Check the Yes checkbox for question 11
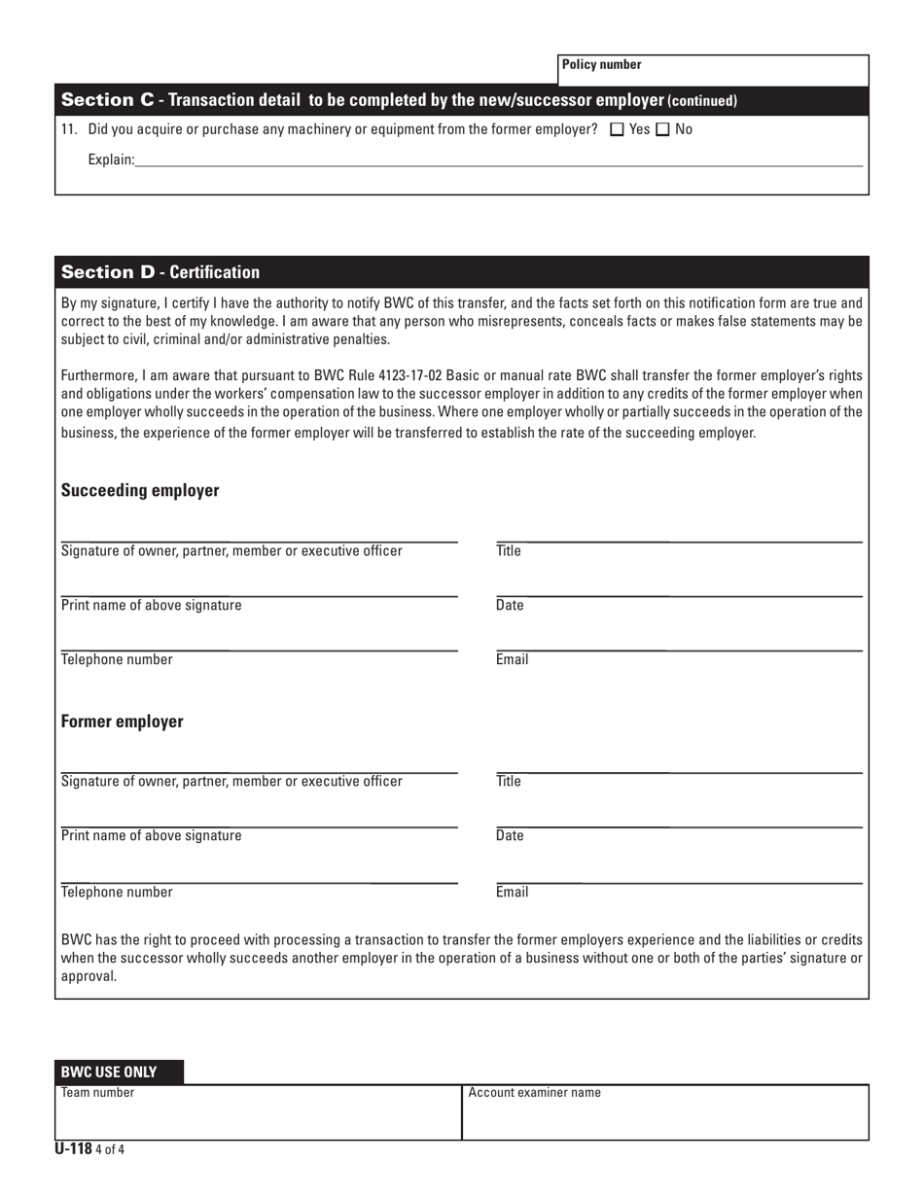[616, 129]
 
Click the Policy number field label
[601, 65]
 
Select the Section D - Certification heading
[160, 272]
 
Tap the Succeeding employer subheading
[140, 491]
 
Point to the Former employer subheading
[122, 722]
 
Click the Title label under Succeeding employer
[509, 551]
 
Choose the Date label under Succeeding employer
[510, 606]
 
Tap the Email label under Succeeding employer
[512, 660]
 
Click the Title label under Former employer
[509, 781]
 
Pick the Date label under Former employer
[510, 835]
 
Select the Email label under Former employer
[512, 891]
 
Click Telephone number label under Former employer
[117, 891]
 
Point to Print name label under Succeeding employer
[152, 606]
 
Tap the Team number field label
[97, 1093]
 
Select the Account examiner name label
[534, 1093]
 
